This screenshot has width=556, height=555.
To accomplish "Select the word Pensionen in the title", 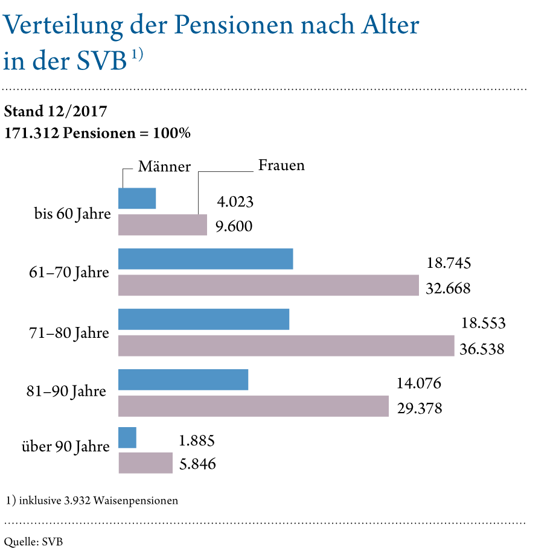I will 232,27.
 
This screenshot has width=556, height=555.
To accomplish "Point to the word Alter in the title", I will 392,27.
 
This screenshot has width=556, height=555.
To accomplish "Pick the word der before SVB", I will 50,62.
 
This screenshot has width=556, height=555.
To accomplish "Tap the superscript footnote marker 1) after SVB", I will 137,55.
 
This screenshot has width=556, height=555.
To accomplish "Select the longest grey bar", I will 286,346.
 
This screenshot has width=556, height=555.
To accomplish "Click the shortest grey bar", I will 145,463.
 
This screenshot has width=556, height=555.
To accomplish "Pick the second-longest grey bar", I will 269,285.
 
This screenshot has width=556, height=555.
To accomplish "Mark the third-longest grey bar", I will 254,406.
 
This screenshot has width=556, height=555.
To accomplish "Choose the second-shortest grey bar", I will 162,225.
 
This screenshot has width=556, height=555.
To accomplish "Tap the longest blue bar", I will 206,259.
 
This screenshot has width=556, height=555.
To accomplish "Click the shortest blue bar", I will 127,438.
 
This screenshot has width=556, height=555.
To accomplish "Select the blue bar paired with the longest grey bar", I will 204,319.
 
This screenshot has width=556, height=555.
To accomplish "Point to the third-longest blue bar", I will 184,379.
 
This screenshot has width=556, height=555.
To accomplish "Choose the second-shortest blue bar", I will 137,198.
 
